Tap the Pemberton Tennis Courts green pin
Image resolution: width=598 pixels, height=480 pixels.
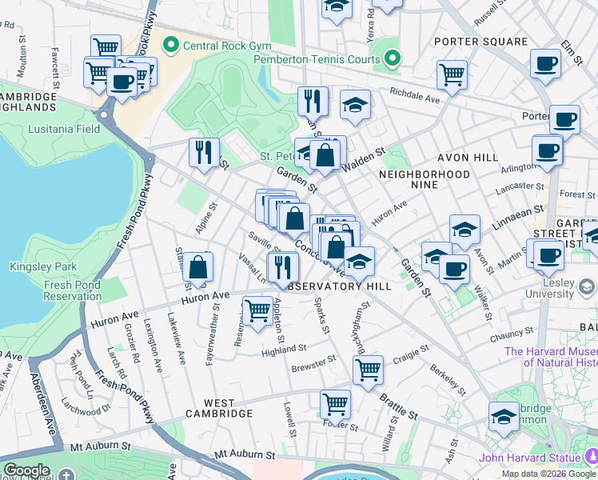click(392, 58)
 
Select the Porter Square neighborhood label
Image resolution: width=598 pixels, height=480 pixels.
click(480, 42)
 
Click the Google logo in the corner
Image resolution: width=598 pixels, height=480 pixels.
click(26, 470)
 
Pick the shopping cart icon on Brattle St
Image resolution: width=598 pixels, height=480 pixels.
click(368, 370)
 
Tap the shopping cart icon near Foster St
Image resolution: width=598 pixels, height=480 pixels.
click(335, 403)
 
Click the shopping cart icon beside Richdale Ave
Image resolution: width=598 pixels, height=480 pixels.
click(452, 74)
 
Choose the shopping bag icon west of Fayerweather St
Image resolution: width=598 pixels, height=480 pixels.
click(197, 267)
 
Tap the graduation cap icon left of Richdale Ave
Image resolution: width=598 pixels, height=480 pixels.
click(355, 104)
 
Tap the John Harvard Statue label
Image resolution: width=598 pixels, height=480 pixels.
click(530, 458)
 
